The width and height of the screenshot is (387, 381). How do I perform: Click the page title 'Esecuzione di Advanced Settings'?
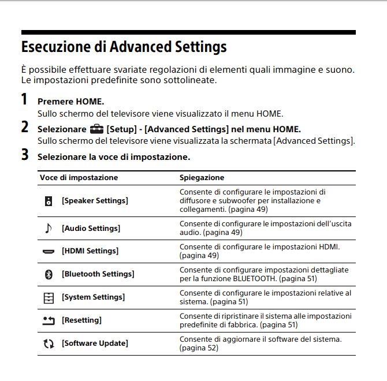click(124, 46)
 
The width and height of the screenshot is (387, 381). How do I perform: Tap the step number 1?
click(24, 99)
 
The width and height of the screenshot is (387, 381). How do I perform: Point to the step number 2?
click(24, 128)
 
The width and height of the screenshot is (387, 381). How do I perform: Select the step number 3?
click(24, 155)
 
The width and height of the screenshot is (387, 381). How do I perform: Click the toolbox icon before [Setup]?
click(96, 129)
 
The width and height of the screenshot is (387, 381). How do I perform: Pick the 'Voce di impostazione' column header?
click(79, 177)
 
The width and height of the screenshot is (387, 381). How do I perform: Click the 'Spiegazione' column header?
click(202, 177)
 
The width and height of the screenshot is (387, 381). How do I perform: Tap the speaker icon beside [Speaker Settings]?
click(49, 201)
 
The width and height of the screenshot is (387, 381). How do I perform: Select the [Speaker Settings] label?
click(95, 201)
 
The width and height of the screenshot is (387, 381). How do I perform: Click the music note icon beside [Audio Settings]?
click(49, 228)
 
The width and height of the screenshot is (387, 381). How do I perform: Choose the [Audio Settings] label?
click(91, 228)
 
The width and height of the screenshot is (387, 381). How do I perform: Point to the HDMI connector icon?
click(49, 252)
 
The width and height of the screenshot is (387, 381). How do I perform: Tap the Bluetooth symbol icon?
click(49, 274)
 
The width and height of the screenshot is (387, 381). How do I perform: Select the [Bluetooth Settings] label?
click(98, 274)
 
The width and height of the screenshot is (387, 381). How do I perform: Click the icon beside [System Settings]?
click(49, 297)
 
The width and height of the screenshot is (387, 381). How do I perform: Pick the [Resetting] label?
click(81, 320)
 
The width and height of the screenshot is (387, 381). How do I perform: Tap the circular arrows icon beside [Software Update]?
click(49, 343)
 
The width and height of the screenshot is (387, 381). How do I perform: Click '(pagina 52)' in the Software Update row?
click(199, 348)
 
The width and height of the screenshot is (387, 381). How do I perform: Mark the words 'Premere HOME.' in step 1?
click(70, 102)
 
